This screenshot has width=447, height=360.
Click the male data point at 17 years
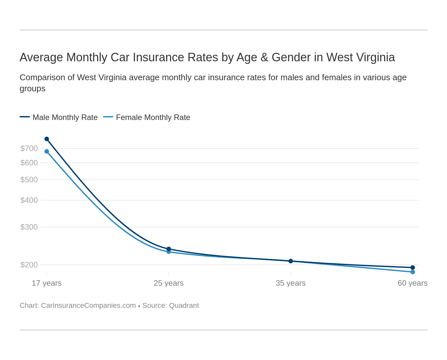coord(47,139)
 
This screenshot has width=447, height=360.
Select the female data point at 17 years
coord(47,151)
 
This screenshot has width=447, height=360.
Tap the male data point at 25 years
coord(169,249)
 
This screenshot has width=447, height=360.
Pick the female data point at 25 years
coord(169,252)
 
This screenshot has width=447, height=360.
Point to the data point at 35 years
coord(291,261)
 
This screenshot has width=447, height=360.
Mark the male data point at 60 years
coord(412,267)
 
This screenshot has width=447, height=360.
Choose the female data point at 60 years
coord(412,272)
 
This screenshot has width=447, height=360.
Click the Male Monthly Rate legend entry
coord(65,117)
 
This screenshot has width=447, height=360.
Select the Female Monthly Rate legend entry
coord(153,117)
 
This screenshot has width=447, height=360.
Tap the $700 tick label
coord(29,148)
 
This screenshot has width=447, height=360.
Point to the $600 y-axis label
coord(29,163)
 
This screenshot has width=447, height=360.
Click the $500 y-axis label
coord(29,180)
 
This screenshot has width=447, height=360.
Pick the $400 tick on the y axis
coord(29,200)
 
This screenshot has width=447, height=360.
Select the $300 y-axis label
coord(29,227)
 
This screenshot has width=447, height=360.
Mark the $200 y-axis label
coord(29,265)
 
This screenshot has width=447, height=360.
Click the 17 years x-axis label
coord(47,283)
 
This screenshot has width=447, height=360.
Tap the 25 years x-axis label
coord(169,283)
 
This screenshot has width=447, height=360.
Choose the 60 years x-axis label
coord(412,283)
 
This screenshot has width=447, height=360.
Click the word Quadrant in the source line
coord(184,306)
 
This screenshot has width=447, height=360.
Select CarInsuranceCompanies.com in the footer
coord(88,306)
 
